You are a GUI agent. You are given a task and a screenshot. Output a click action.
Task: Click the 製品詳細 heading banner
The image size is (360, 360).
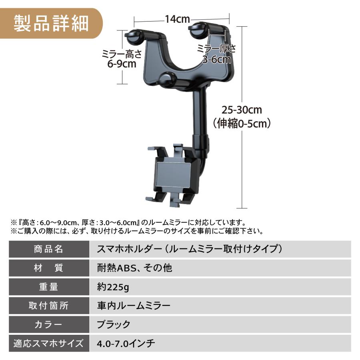51,23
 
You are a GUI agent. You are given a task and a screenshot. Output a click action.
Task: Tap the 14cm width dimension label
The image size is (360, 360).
178,19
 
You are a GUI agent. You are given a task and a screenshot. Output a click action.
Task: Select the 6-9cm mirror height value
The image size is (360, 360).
122,64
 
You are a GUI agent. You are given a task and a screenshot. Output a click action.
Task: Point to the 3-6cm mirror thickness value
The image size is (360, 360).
216,59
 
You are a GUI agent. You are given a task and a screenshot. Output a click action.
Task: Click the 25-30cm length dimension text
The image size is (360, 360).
242,110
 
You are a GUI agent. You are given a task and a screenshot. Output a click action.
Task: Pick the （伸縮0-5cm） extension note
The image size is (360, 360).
242,124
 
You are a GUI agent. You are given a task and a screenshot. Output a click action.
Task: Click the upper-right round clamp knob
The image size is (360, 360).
198,29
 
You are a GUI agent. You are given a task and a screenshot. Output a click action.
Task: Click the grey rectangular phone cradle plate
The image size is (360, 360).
174,175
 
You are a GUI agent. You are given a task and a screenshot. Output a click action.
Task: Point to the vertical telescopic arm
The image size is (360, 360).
199,112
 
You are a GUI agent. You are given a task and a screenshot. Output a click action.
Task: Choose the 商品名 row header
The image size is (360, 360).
49,249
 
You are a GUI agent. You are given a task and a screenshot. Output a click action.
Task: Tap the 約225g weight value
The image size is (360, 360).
113,287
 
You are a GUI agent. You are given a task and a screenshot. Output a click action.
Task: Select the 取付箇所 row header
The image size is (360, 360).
49,306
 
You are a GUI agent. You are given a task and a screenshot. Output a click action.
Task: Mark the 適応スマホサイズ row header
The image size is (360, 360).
49,344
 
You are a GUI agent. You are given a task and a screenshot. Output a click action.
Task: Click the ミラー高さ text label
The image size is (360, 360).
122,54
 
